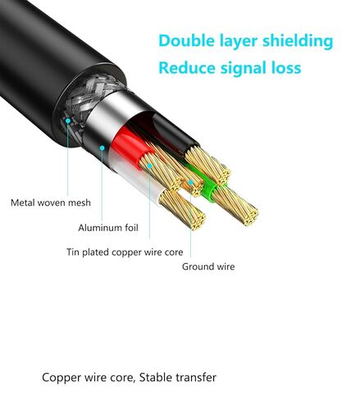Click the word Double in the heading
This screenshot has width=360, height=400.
click(x=187, y=41)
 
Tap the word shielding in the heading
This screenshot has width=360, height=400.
click(x=298, y=42)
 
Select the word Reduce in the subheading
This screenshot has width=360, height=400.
click(x=187, y=68)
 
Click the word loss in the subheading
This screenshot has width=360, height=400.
click(x=286, y=68)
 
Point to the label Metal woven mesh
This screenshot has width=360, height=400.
click(x=51, y=202)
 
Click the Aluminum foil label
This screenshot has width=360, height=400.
click(x=108, y=228)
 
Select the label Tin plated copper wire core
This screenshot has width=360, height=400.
click(x=125, y=252)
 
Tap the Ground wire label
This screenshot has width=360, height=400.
click(x=208, y=266)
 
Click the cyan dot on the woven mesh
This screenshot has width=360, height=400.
click(x=68, y=120)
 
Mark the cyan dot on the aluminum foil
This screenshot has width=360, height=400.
click(x=102, y=148)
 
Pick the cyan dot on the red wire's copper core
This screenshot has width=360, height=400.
click(x=149, y=166)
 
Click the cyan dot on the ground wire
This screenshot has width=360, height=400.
click(x=190, y=182)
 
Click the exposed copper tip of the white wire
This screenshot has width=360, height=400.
click(x=183, y=210)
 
